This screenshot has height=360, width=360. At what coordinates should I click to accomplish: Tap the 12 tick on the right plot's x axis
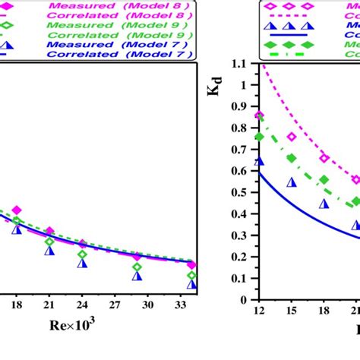click(260, 311)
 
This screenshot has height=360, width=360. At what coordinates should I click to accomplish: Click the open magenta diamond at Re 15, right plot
click(292, 137)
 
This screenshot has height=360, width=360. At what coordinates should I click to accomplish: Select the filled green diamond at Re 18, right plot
click(324, 180)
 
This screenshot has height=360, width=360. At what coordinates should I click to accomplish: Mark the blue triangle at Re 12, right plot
click(260, 161)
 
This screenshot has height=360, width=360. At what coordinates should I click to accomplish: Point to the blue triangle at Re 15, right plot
click(292, 182)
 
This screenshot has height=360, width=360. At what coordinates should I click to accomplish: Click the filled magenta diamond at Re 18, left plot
click(17, 210)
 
